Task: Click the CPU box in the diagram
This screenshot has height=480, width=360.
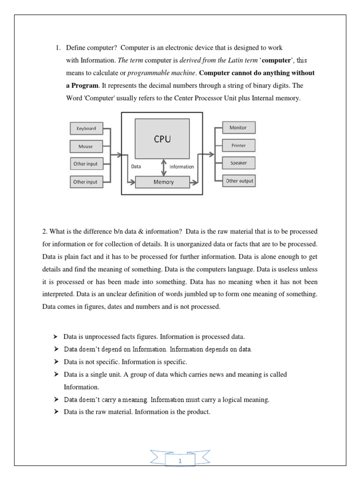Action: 162,138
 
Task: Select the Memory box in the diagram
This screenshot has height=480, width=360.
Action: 163,182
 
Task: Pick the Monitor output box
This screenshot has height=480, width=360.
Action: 238,127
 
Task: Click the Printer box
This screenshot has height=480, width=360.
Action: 238,145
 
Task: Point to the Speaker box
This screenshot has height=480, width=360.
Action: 238,163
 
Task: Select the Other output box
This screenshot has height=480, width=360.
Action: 239,181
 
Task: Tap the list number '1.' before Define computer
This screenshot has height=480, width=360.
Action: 59,48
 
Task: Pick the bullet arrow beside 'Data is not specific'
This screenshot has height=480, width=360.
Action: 55,362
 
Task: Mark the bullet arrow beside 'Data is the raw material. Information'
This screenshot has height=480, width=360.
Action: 55,412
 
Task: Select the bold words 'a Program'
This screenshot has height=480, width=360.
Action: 82,86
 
